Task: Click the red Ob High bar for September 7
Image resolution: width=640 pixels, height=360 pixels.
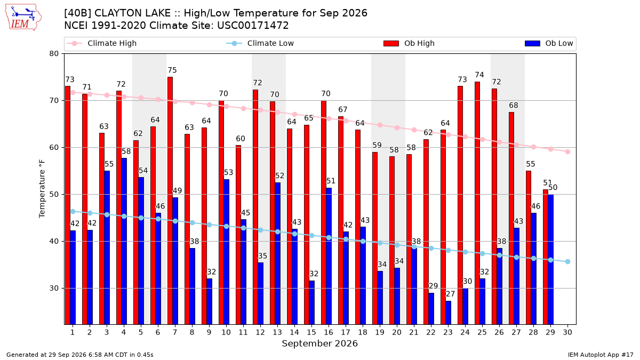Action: click(170, 201)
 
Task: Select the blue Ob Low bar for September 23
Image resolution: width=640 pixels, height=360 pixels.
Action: click(449, 313)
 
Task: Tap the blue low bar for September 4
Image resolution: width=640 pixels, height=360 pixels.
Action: click(124, 241)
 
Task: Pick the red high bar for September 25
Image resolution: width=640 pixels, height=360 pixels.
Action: click(477, 203)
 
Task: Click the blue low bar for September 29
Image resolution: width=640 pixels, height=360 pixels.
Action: click(550, 259)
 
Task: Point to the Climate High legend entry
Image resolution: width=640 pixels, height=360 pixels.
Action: click(101, 43)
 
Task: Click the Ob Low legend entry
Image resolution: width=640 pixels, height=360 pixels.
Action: click(549, 43)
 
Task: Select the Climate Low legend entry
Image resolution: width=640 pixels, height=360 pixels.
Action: click(260, 43)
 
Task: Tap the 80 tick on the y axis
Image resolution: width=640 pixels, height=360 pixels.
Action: click(54, 54)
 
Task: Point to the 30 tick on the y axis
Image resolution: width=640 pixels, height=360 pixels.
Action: click(54, 289)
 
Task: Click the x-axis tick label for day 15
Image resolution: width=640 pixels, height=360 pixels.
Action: click(311, 332)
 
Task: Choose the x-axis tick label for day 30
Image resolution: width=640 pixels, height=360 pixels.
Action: click(567, 332)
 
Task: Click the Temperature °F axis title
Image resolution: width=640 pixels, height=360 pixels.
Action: click(42, 189)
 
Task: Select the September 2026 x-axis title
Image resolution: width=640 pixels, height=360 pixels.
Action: click(319, 343)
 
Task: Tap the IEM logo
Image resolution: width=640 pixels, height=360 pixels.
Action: click(23, 18)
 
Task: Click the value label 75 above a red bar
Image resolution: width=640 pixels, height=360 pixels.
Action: click(172, 70)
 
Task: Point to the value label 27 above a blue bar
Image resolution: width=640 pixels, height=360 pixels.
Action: click(450, 294)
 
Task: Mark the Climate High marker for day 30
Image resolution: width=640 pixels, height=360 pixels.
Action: click(567, 151)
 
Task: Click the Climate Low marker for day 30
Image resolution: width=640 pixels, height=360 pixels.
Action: click(567, 262)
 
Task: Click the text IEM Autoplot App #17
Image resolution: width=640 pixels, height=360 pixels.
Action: click(601, 355)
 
